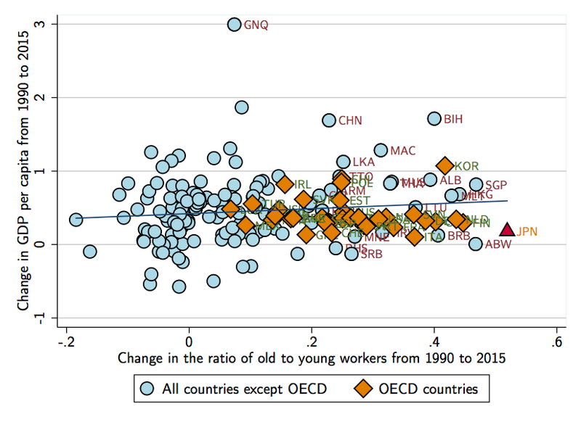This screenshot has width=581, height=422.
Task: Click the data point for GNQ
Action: tap(234, 24)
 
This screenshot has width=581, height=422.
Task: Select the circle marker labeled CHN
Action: tap(329, 120)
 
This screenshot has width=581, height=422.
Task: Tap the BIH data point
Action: tap(434, 118)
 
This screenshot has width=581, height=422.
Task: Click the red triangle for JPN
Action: tap(507, 230)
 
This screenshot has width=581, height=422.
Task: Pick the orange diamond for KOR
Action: tap(445, 166)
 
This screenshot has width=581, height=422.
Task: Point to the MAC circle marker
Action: tap(381, 151)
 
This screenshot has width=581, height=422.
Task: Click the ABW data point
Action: tap(476, 244)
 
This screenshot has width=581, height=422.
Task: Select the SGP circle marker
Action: tap(476, 185)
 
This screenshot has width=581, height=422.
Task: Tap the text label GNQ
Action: tap(256, 25)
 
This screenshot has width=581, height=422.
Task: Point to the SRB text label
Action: tap(371, 254)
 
